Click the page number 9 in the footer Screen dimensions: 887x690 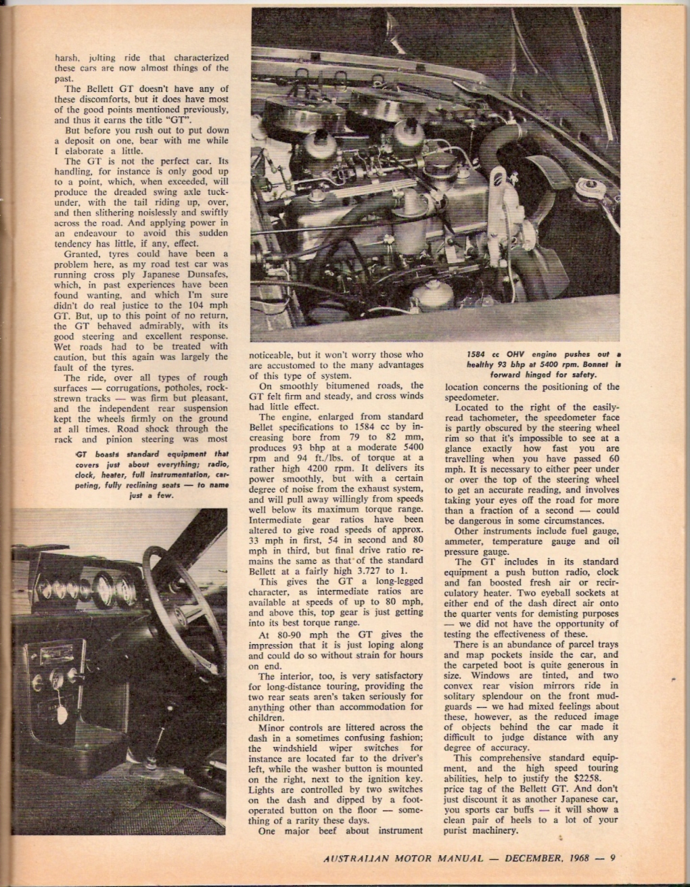[612, 859]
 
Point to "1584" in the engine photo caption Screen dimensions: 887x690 [478, 354]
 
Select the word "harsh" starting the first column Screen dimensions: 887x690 [68, 58]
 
